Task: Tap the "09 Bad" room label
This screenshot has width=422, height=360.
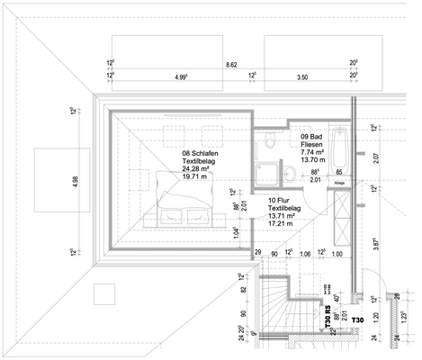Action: (311, 134)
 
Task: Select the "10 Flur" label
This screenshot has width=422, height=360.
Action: (280, 200)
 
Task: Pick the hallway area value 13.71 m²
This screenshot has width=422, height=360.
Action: (283, 219)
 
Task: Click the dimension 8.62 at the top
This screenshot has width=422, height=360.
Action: (230, 65)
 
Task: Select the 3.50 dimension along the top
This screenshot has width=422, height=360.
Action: (302, 78)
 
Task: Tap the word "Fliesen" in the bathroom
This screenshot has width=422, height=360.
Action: (314, 144)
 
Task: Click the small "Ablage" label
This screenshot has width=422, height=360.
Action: (339, 183)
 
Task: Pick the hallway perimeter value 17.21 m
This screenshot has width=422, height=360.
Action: (282, 228)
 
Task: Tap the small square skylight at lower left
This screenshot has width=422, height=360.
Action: (105, 294)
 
